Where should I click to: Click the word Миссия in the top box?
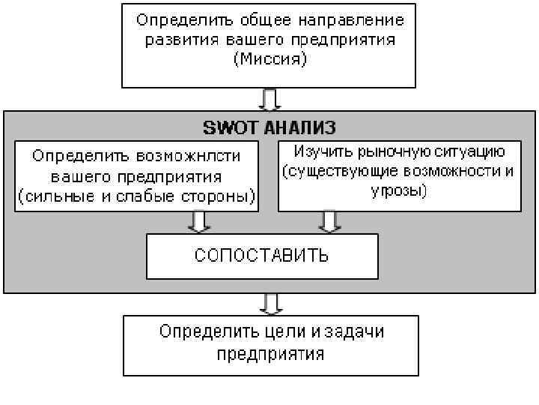pyautogui.click(x=270, y=59)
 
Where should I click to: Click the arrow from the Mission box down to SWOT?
pyautogui.click(x=270, y=99)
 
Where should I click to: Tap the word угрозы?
pyautogui.click(x=399, y=190)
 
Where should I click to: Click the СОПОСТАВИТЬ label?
pyautogui.click(x=261, y=255)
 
